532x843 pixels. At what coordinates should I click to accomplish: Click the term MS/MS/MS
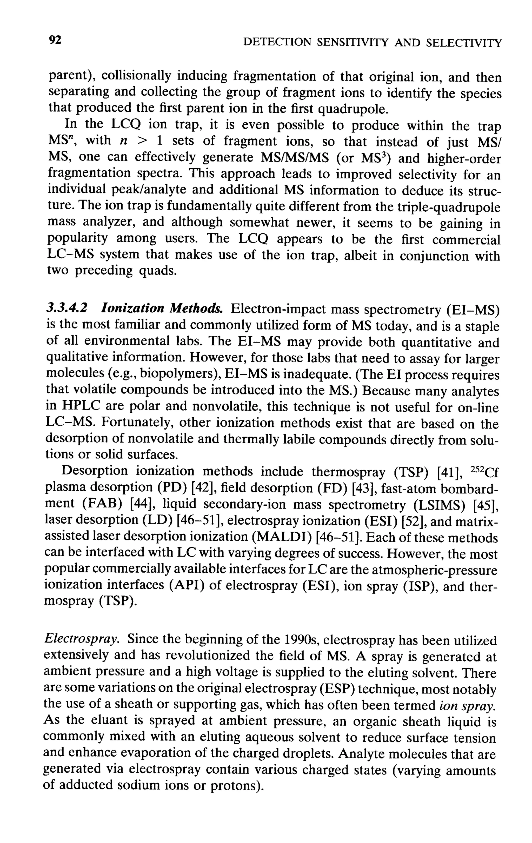(295, 158)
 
